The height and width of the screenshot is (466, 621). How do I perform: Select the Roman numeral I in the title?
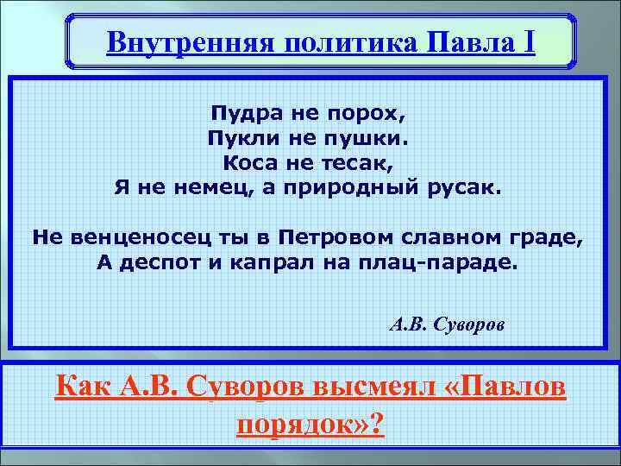click(527, 42)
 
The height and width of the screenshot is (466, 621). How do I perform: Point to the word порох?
click(365, 115)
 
